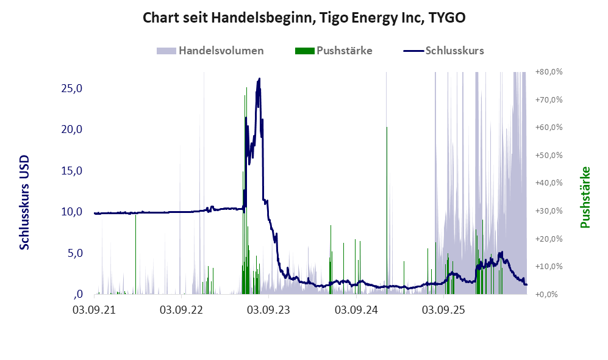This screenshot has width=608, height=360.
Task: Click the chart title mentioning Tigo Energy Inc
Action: click(x=304, y=18)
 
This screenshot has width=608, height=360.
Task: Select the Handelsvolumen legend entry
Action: click(x=210, y=51)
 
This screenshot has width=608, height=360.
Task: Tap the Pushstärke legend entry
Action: click(x=334, y=51)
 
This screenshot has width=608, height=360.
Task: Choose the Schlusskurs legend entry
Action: click(x=443, y=51)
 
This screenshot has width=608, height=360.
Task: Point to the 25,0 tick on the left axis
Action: click(x=72, y=88)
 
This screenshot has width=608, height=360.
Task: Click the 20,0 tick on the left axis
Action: click(x=72, y=129)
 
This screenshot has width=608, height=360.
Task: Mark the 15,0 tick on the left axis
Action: click(x=72, y=171)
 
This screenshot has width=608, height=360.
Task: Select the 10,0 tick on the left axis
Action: click(x=72, y=212)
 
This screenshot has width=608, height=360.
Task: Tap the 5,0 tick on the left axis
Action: click(x=75, y=253)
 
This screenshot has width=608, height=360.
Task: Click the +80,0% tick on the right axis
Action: click(x=549, y=72)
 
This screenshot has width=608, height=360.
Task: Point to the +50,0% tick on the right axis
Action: click(x=549, y=155)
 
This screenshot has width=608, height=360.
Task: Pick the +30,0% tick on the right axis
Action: click(x=549, y=211)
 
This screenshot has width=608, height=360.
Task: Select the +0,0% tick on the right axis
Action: click(x=547, y=294)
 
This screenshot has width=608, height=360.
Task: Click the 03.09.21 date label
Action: click(x=95, y=311)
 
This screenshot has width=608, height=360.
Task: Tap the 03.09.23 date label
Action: click(x=269, y=311)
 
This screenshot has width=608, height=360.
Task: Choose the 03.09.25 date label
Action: click(x=443, y=311)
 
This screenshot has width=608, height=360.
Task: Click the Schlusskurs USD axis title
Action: click(x=24, y=203)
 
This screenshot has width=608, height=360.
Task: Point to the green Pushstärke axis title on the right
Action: click(x=585, y=197)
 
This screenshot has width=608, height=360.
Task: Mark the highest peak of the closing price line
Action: click(x=259, y=79)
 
